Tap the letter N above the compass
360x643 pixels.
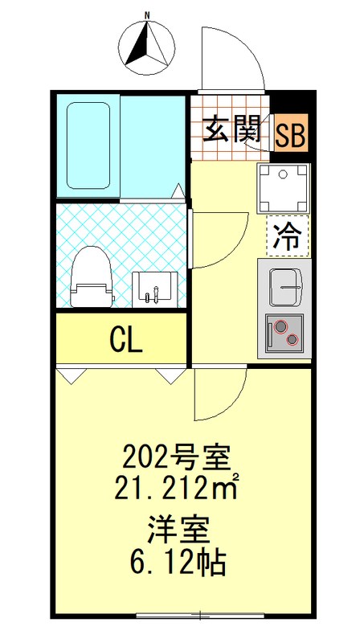tap(147, 14)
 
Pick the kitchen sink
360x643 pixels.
tap(286, 284)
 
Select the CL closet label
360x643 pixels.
tap(126, 340)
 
